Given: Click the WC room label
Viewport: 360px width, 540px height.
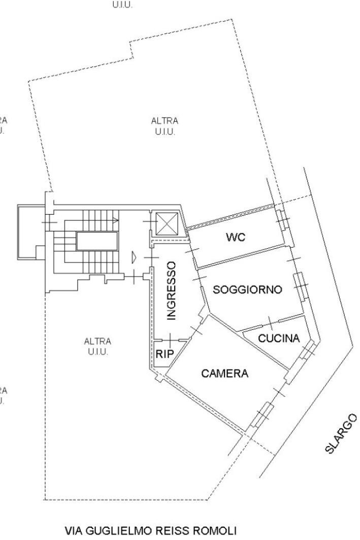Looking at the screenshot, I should tap(236, 237).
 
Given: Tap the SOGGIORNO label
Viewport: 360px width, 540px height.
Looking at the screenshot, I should tap(247, 290).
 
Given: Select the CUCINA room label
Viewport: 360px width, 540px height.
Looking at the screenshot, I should tap(279, 339).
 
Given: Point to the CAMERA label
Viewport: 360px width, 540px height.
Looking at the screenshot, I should tap(225, 374).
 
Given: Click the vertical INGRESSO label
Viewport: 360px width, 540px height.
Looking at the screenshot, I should tap(172, 290).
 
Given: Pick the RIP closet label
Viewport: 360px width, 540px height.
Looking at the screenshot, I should tap(165, 354).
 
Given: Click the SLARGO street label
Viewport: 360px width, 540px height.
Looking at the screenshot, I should tap(341, 433).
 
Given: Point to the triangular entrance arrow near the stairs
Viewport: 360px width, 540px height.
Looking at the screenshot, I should tap(134, 257).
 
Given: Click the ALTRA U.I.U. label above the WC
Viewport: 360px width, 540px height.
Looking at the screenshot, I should tap(165, 126).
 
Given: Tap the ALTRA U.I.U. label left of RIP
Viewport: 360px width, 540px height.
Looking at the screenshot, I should tap(97, 346).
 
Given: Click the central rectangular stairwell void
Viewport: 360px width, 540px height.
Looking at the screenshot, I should tap(97, 241).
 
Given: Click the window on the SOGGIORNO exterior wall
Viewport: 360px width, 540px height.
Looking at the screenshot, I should tap(300, 286).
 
